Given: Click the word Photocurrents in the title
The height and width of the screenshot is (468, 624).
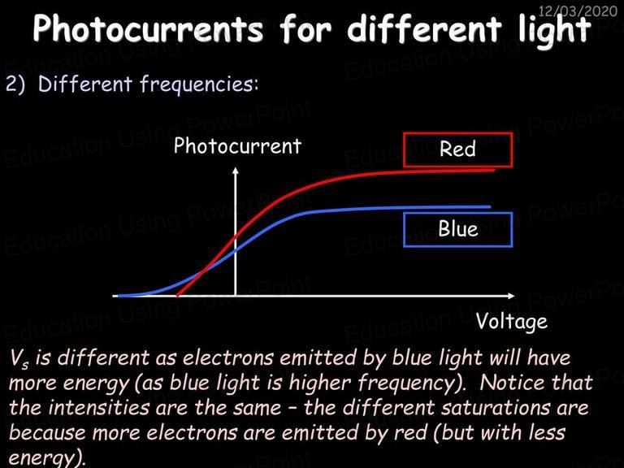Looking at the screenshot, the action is pos(148,28).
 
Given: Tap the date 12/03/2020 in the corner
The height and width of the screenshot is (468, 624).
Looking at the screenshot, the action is pos(578,11).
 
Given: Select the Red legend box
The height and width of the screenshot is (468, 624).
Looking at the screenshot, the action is pos(457,149).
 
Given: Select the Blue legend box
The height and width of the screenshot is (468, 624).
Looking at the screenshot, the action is pos(457,230).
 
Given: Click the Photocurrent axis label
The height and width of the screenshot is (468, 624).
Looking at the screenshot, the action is pos(237,145).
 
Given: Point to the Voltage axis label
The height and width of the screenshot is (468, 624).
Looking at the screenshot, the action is pos(512,321).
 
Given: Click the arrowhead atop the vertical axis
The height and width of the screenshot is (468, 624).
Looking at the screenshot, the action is pos(236,171).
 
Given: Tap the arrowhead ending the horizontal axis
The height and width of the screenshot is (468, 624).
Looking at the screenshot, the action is pos(511,296).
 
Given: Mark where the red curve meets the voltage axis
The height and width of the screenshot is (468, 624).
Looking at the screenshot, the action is pos(177,296).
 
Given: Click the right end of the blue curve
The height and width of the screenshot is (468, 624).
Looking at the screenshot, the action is pos(490,207).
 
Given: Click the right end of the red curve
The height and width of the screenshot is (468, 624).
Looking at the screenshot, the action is pos(494,171).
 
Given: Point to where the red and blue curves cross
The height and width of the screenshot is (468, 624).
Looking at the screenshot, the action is pos(203,271).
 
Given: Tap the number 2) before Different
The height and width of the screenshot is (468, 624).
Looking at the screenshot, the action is pos(15,84).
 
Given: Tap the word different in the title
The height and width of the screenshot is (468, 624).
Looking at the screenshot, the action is pos(424,28).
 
